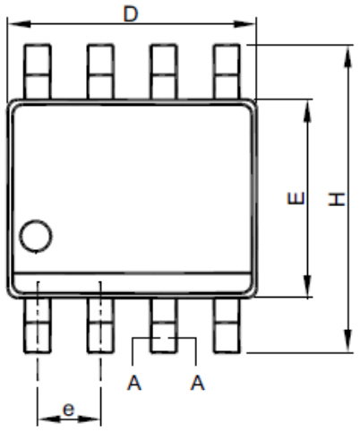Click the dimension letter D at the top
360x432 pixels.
(x=131, y=14)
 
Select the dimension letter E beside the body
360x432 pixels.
(x=296, y=198)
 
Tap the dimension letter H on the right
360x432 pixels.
(x=337, y=199)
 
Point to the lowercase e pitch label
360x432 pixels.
(x=68, y=410)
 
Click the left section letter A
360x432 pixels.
(x=134, y=383)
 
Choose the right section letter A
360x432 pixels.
(x=197, y=383)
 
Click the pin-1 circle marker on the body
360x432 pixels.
(x=36, y=237)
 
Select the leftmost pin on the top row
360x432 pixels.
(x=38, y=72)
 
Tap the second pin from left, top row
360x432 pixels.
(x=100, y=72)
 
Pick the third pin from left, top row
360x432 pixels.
(x=164, y=72)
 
